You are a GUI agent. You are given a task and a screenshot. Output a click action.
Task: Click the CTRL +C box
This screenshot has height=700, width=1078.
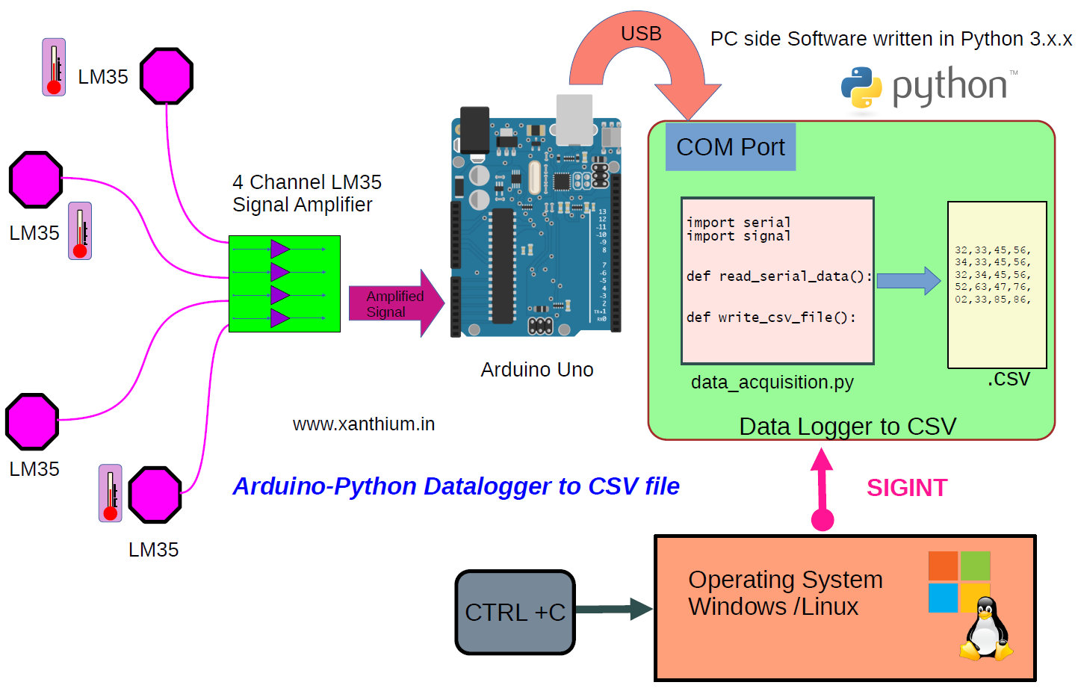point(515,612)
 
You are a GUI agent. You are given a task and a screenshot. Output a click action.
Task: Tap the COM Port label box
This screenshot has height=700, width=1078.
point(730,147)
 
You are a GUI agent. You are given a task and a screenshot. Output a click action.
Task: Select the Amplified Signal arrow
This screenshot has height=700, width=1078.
point(396,303)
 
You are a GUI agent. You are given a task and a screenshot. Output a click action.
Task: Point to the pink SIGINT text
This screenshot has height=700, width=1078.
point(906,488)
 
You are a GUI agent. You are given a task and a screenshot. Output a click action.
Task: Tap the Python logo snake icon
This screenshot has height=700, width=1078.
point(861,87)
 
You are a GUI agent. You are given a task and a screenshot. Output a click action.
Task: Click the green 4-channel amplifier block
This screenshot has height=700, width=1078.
point(284,284)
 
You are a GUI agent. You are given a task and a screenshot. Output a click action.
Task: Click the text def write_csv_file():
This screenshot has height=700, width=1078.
point(771,318)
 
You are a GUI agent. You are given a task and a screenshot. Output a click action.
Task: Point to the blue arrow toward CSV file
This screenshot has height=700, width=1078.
point(908,281)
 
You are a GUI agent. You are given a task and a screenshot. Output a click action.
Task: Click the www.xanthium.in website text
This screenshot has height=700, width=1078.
point(363,424)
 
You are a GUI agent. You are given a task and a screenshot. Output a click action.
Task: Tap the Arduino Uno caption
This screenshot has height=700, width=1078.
point(536,370)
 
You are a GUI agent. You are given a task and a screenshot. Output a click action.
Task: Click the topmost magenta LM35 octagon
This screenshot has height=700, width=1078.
point(167,76)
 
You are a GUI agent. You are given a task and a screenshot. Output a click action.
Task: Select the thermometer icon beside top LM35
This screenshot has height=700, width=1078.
point(54,67)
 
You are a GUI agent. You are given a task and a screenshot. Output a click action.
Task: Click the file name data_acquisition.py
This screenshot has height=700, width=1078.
point(772,382)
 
